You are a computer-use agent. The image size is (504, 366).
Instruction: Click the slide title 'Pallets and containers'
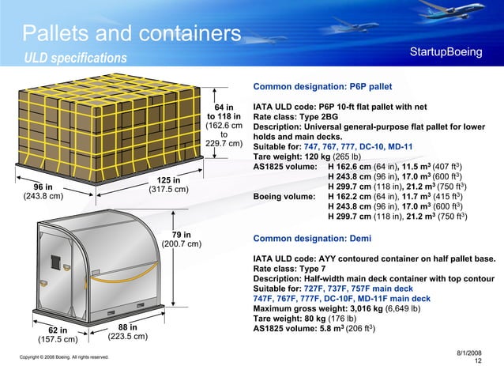[x=131, y=34]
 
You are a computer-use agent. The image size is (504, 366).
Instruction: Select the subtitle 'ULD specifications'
[x=75, y=58]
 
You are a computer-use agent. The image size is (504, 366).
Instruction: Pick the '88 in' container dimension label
[x=127, y=327]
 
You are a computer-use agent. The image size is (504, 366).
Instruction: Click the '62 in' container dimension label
[x=58, y=330]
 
